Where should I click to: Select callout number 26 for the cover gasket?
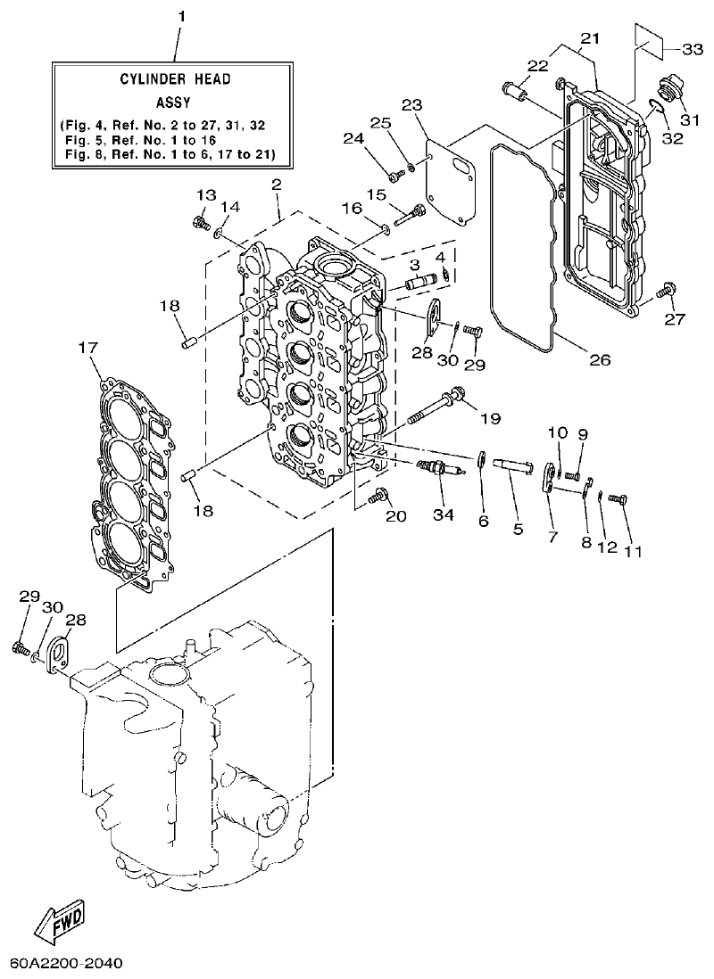[599, 360]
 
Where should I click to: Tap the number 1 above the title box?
[181, 16]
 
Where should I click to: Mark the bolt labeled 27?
[663, 291]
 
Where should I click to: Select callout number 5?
[518, 529]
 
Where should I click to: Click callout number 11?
[633, 552]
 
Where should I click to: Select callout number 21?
[591, 38]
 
